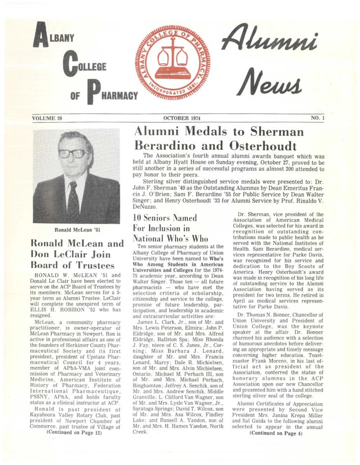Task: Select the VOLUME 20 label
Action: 48,118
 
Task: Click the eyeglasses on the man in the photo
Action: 72,154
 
